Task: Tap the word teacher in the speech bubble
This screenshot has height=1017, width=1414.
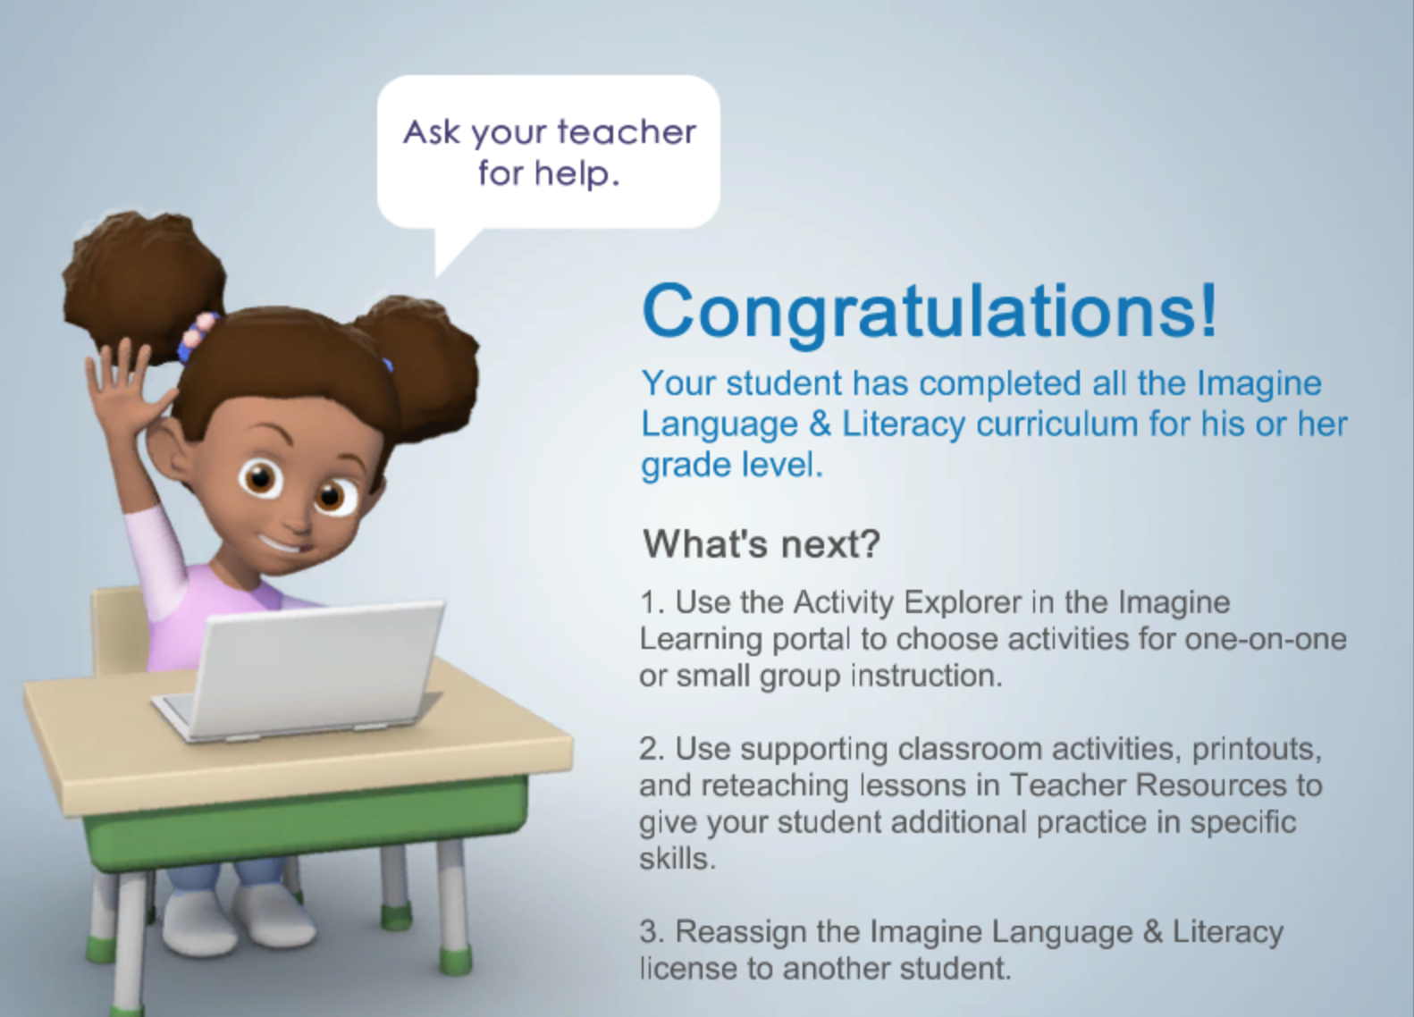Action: (x=627, y=132)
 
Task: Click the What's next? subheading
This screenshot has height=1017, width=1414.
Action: (x=762, y=543)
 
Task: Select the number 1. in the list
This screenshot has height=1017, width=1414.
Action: (x=652, y=602)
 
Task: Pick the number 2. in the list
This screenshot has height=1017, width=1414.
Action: (x=652, y=749)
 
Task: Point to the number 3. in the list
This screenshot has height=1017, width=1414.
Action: (x=652, y=932)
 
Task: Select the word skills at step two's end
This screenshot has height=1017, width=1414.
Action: (x=678, y=859)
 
